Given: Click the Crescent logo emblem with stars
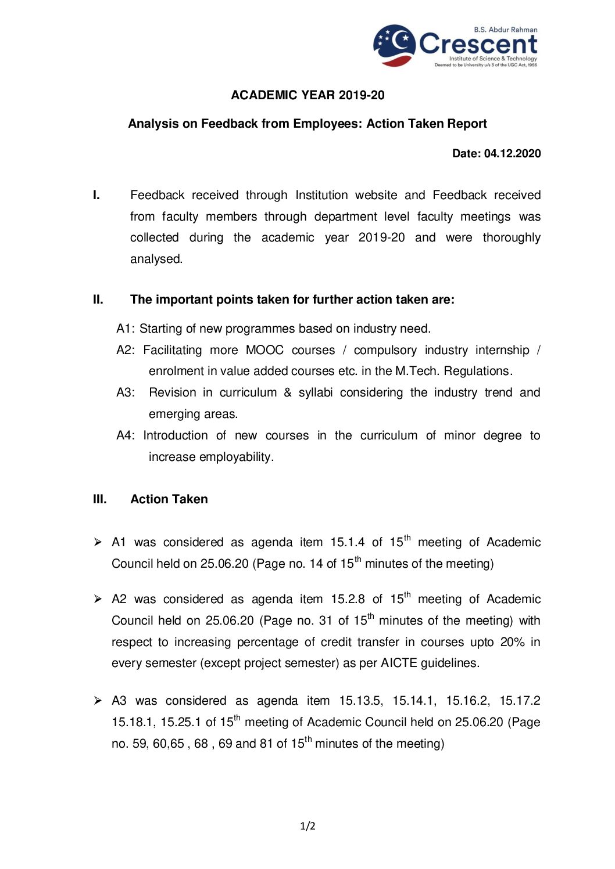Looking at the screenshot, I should (x=394, y=45).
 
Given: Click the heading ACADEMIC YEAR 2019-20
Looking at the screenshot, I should (x=307, y=95).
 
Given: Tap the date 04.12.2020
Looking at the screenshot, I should (x=512, y=154).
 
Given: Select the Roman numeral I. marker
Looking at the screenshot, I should (x=96, y=195).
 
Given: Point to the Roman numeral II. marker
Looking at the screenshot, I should (x=98, y=300).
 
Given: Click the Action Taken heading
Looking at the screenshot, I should (x=169, y=499).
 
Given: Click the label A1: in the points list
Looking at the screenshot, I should (x=126, y=329).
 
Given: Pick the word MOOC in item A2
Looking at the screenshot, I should (x=264, y=351).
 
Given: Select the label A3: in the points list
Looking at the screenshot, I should (x=126, y=393).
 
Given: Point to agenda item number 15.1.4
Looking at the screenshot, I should (x=348, y=543).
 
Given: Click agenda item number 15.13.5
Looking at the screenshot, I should (x=360, y=701).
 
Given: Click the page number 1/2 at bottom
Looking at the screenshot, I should (x=307, y=826).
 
